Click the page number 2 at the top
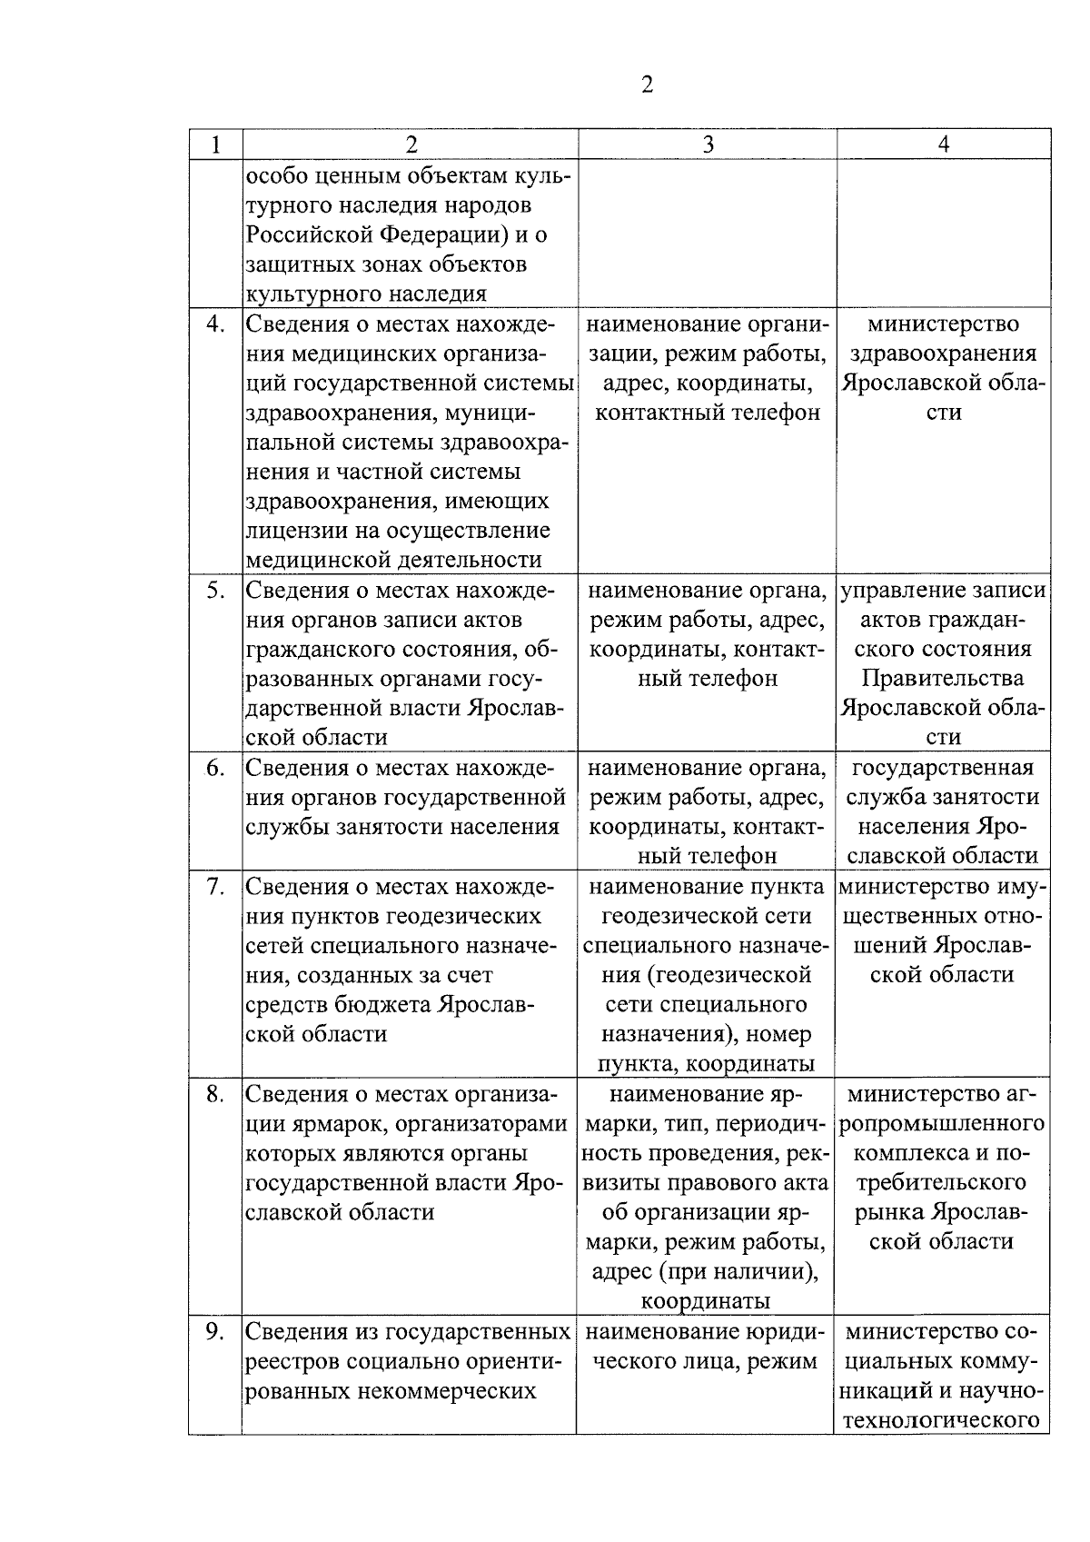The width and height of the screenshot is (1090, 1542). pyautogui.click(x=646, y=85)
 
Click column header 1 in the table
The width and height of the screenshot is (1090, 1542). pyautogui.click(x=215, y=144)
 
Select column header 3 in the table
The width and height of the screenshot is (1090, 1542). pyautogui.click(x=707, y=144)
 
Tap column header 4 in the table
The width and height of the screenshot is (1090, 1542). pyautogui.click(x=943, y=144)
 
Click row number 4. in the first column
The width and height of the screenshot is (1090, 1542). pyautogui.click(x=214, y=324)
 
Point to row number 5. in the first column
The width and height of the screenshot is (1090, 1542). pyautogui.click(x=214, y=591)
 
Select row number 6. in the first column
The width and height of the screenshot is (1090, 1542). pyautogui.click(x=214, y=769)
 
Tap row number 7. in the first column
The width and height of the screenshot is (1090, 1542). pyautogui.click(x=214, y=887)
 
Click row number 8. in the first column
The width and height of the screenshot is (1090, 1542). pyautogui.click(x=214, y=1095)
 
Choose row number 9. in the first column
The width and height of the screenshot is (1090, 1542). pyautogui.click(x=214, y=1332)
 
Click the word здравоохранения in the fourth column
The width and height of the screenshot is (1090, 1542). pyautogui.click(x=945, y=353)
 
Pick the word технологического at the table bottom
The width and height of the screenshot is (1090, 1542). pyautogui.click(x=942, y=1420)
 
